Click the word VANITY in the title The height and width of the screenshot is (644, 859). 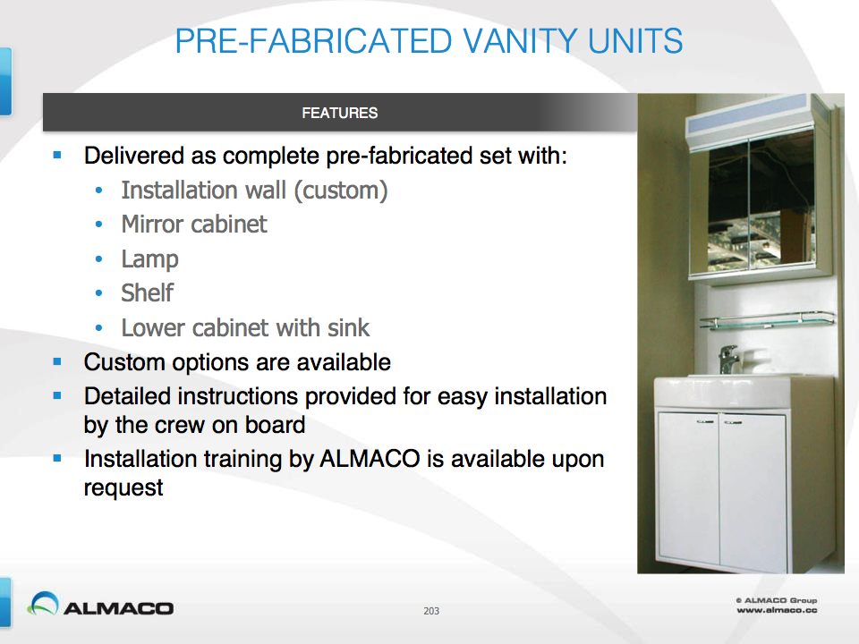(x=520, y=41)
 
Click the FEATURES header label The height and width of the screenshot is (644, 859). (x=340, y=113)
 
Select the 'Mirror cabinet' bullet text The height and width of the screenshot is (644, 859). (x=194, y=225)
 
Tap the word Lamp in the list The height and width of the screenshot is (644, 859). (x=149, y=259)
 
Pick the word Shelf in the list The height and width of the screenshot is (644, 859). (x=148, y=293)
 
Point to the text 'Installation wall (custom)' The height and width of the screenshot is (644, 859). (x=254, y=191)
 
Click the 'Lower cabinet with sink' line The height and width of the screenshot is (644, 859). (x=245, y=328)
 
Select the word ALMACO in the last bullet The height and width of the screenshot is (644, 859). (x=370, y=459)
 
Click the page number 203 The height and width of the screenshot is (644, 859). (x=431, y=611)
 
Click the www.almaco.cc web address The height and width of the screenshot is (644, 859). (x=777, y=610)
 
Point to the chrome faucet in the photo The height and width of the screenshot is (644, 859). (x=729, y=360)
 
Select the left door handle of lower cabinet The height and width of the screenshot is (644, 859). (x=706, y=421)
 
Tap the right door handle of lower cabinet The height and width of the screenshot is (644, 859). (x=733, y=422)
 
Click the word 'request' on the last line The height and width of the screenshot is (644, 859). (x=123, y=488)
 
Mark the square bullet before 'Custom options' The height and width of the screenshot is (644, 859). (x=57, y=361)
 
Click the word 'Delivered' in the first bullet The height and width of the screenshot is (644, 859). (x=134, y=156)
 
